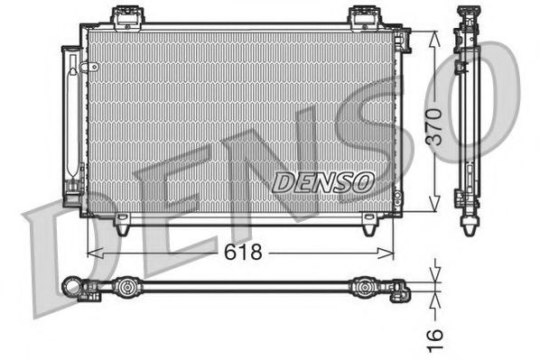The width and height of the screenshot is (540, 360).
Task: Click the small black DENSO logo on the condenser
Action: tap(322, 181)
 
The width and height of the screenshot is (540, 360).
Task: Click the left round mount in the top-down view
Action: tap(126, 289)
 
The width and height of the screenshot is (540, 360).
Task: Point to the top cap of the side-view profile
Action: tap(470, 12)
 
